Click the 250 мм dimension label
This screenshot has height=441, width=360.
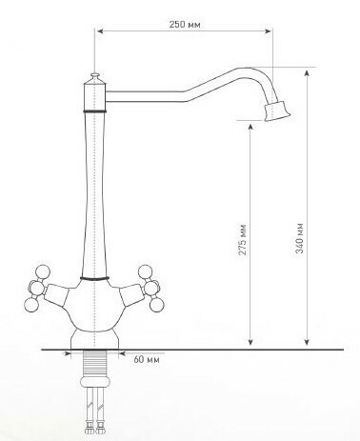pyautogui.click(x=185, y=24)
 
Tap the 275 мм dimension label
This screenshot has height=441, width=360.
pyautogui.click(x=243, y=240)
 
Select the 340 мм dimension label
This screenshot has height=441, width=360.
pyautogui.click(x=299, y=238)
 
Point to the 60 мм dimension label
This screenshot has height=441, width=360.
pyautogui.click(x=147, y=360)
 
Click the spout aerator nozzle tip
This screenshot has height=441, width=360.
pyautogui.click(x=277, y=110)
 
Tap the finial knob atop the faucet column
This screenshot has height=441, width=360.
pyautogui.click(x=95, y=77)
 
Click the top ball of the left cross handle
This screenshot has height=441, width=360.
pyautogui.click(x=43, y=272)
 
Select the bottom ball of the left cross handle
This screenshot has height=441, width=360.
pyautogui.click(x=31, y=305)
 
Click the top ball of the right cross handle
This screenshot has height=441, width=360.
pyautogui.click(x=146, y=272)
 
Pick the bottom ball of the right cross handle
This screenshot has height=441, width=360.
pyautogui.click(x=157, y=305)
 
